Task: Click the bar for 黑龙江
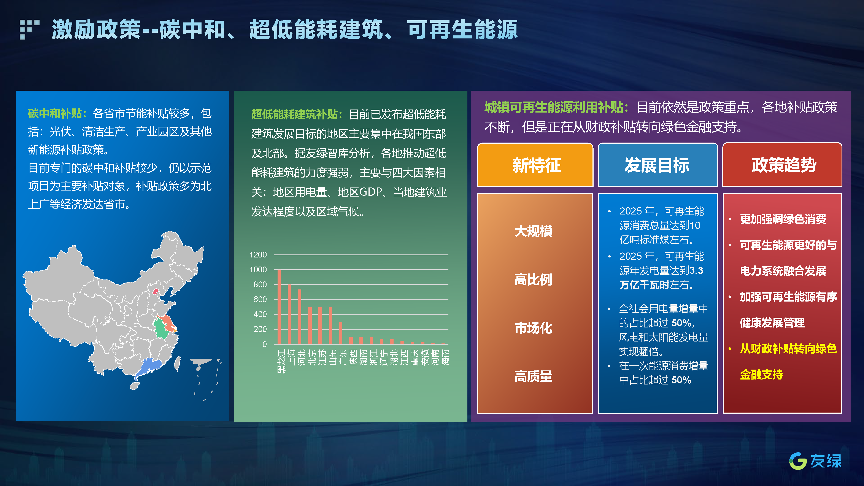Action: [x=279, y=307]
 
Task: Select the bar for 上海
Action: [x=289, y=314]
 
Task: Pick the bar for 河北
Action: [x=300, y=317]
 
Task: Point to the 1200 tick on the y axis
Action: [x=258, y=255]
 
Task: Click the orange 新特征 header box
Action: [x=535, y=165]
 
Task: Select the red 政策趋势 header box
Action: [x=782, y=165]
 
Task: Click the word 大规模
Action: [x=534, y=231]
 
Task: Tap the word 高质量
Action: [x=534, y=376]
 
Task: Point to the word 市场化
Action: [x=534, y=328]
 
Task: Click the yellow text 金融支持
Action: [x=761, y=374]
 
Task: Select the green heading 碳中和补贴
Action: [x=55, y=113]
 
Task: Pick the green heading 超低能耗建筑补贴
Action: [x=294, y=114]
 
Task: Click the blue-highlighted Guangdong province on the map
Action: [x=148, y=367]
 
